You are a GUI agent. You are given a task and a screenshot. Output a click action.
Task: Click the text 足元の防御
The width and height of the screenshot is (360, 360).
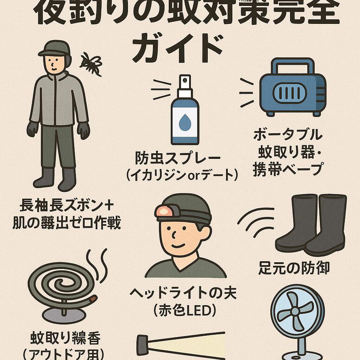click(294, 268)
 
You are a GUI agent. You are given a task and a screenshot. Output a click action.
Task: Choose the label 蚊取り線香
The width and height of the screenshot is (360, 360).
click(65, 338)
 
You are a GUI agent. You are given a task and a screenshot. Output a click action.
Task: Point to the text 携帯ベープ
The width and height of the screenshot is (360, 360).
click(288, 169)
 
